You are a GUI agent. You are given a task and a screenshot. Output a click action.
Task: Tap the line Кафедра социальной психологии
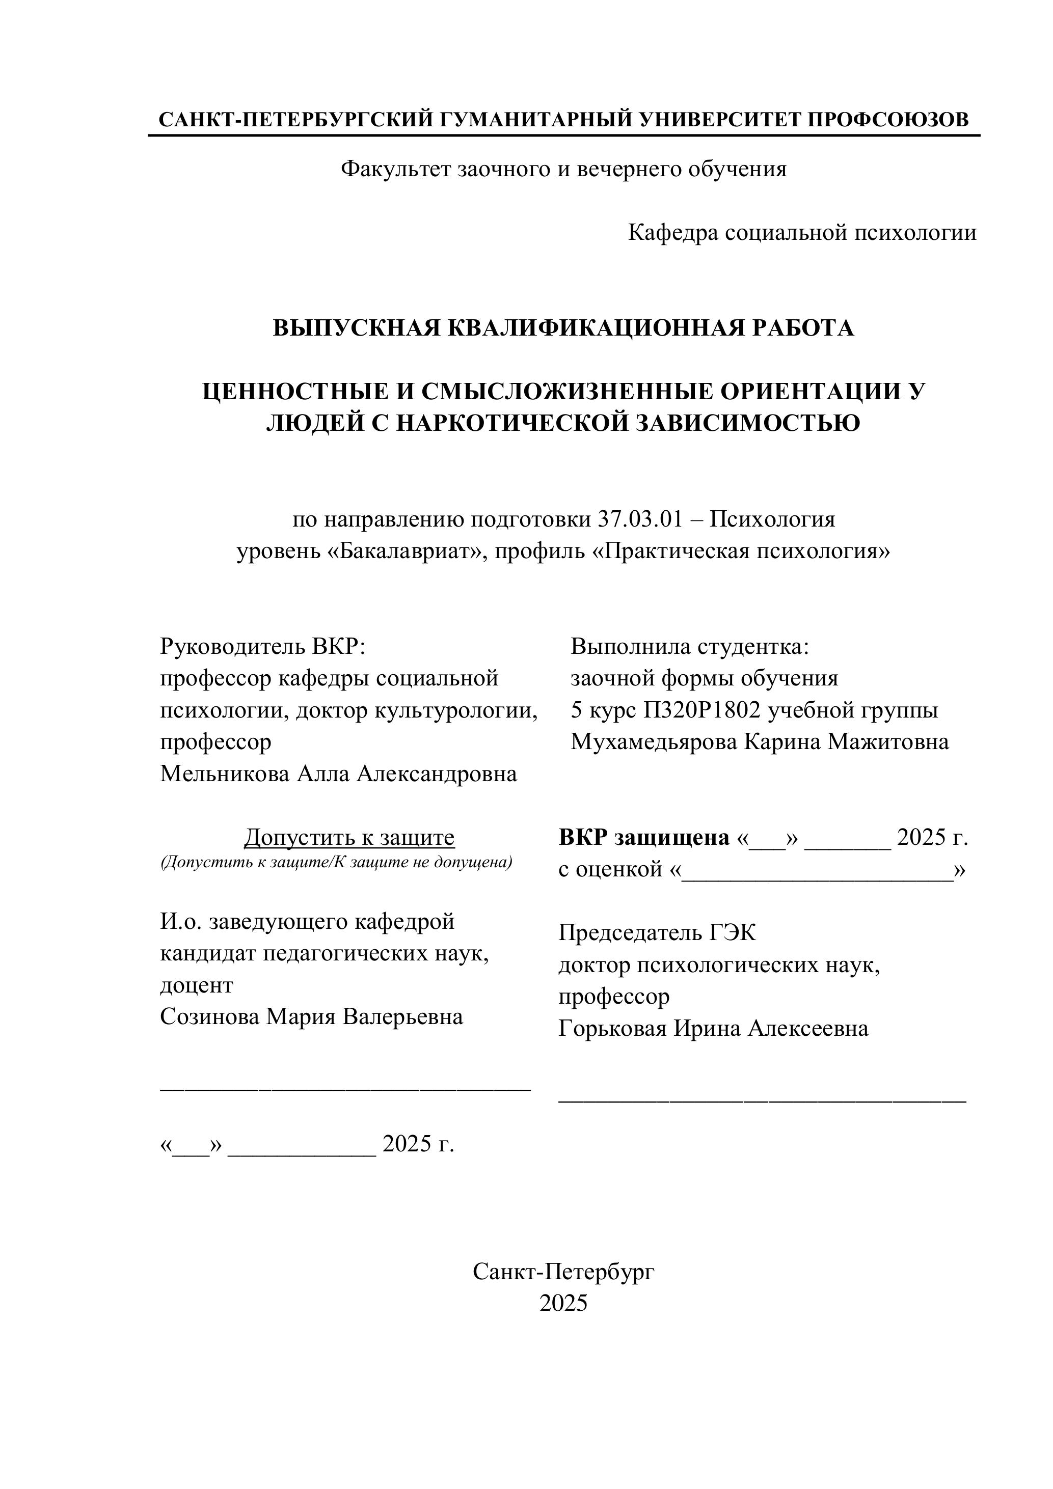(802, 232)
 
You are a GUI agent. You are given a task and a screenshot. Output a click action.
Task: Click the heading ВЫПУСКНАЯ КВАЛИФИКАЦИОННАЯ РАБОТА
(563, 328)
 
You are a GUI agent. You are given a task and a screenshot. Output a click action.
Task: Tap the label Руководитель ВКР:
(263, 647)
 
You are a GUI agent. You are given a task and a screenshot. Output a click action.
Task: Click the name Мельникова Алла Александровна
(338, 774)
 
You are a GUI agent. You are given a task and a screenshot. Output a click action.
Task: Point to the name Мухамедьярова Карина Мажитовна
(759, 741)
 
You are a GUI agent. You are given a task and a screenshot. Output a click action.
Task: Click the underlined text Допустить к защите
(349, 837)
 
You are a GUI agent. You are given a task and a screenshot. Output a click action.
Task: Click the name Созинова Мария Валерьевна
(311, 1016)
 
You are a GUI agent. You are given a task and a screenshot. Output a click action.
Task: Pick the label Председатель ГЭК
(657, 932)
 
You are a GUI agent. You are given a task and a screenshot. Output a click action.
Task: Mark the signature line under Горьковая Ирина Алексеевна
(762, 1100)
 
